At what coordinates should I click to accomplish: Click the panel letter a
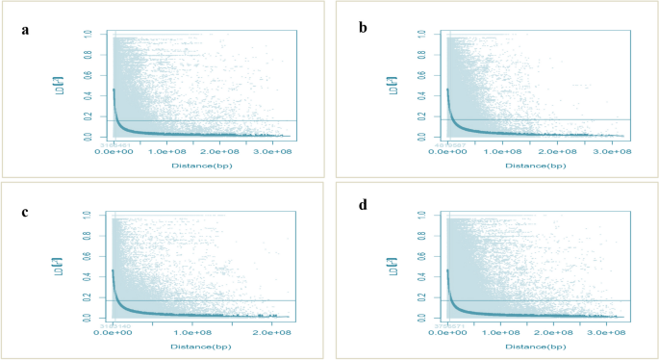pos(25,29)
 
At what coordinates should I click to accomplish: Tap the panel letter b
pos(363,29)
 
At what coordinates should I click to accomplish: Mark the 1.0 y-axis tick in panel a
pos(88,35)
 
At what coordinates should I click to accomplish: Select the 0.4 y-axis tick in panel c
pos(88,276)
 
